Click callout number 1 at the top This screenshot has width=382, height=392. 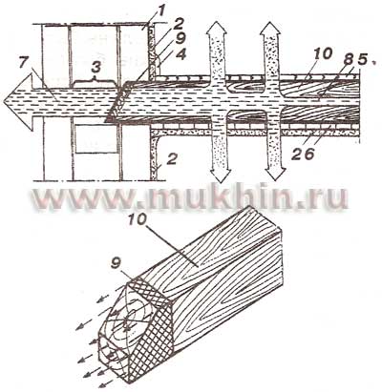tap(161, 11)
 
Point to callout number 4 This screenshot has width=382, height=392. tap(180, 55)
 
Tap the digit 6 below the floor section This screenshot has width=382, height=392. tap(309, 154)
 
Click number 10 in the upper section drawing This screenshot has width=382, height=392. tap(323, 53)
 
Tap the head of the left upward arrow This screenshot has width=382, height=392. tap(216, 30)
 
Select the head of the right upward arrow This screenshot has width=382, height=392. tap(270, 30)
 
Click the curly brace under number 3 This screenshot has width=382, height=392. tap(94, 82)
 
